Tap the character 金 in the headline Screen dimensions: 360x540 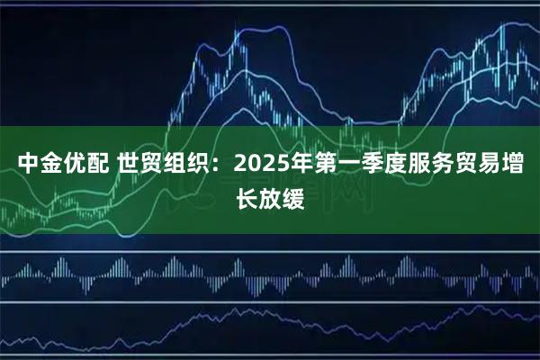[x=50, y=165]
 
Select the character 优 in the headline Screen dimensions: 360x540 [x=74, y=165]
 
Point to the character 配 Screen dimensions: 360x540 [x=97, y=165]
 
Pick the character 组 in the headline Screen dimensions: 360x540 [x=174, y=165]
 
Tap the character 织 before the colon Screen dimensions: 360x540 [x=197, y=165]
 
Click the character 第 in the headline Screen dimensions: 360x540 [x=327, y=165]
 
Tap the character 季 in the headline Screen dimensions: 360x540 [x=373, y=165]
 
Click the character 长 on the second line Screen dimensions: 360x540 [x=247, y=196]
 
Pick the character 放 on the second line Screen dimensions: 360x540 [x=270, y=196]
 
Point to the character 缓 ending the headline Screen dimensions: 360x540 [x=293, y=196]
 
